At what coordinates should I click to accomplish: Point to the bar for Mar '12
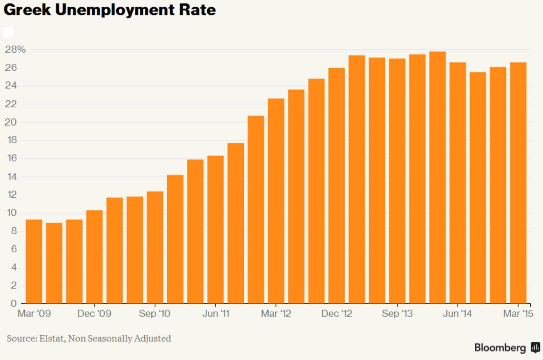(276, 201)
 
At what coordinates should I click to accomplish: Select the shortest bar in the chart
(54, 263)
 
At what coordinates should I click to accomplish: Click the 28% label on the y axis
(15, 50)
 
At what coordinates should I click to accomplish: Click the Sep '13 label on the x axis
(397, 314)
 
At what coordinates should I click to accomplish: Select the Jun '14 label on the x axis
(458, 314)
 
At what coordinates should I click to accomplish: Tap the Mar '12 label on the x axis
(276, 314)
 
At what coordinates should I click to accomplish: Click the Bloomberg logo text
(500, 348)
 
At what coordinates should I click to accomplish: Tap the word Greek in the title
(27, 10)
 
